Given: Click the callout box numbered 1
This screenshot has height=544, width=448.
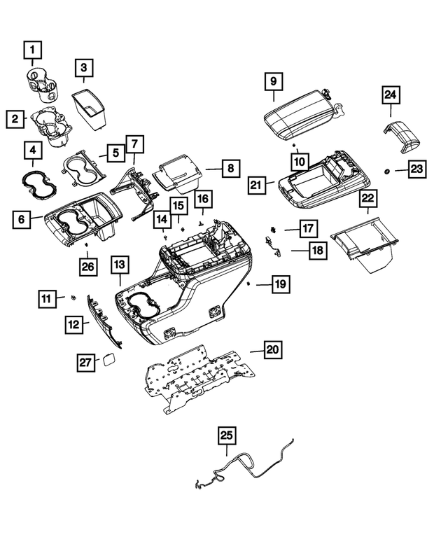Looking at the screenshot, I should (33, 50).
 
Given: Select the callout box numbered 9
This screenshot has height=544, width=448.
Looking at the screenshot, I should (273, 81).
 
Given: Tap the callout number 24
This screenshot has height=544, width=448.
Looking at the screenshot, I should (391, 95).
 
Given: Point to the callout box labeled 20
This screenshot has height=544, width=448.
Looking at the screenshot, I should (272, 349).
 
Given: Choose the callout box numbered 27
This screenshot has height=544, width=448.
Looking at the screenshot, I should (85, 361).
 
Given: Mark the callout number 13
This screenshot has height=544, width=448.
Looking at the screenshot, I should (120, 265).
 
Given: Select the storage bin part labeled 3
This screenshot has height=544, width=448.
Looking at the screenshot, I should (90, 109).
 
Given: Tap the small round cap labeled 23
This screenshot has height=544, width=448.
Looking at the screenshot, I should (387, 172).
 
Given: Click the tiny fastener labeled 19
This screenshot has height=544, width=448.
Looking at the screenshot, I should (249, 284).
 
